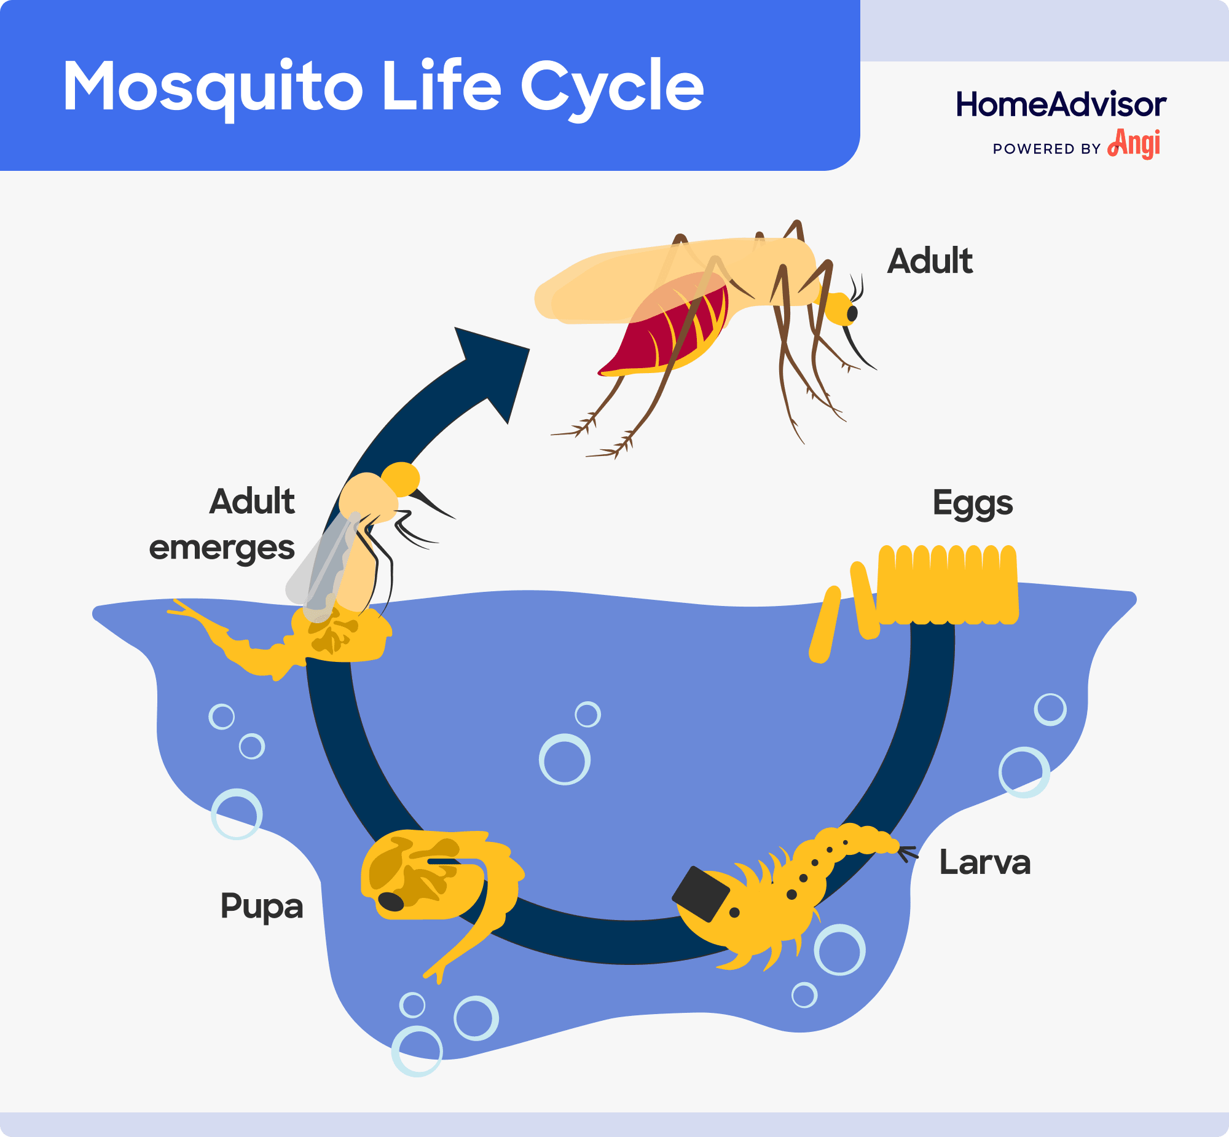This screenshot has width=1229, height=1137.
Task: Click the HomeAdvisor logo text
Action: [x=1061, y=104]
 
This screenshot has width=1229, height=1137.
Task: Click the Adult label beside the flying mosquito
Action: [x=930, y=261]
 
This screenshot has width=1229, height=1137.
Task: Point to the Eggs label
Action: [x=973, y=503]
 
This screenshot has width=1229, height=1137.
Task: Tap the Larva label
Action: [x=984, y=863]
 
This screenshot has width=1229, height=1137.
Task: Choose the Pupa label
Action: [x=262, y=907]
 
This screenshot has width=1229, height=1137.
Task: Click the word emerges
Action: [x=221, y=548]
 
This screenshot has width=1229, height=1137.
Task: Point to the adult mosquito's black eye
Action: [x=852, y=314]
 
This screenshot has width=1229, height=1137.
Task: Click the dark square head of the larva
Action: [x=701, y=895]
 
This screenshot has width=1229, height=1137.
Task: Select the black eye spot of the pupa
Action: [x=391, y=902]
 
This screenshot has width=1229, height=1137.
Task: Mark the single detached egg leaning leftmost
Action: [x=824, y=624]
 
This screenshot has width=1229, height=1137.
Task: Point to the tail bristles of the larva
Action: [x=907, y=854]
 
